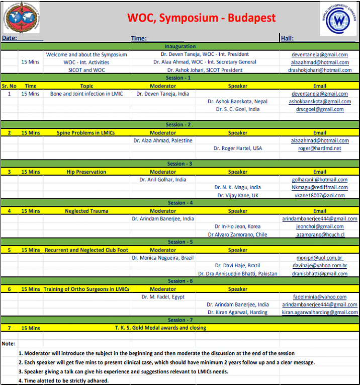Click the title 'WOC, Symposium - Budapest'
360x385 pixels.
click(x=201, y=18)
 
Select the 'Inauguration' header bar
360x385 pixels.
click(x=180, y=46)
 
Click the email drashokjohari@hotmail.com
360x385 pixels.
click(x=320, y=70)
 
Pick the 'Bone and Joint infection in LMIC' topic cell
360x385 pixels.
click(x=86, y=94)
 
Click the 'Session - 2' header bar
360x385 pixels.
click(x=180, y=125)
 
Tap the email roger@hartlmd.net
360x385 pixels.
click(x=320, y=148)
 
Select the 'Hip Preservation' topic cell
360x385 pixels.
click(x=86, y=172)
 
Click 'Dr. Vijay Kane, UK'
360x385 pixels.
click(x=237, y=195)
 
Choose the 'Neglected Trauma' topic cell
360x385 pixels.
click(x=86, y=211)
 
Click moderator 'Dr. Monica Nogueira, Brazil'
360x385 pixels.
click(x=163, y=258)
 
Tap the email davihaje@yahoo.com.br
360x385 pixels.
click(x=320, y=266)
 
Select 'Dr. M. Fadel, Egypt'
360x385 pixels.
click(x=163, y=297)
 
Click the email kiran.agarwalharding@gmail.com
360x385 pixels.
click(x=320, y=313)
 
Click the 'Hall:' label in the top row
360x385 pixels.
click(x=287, y=38)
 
